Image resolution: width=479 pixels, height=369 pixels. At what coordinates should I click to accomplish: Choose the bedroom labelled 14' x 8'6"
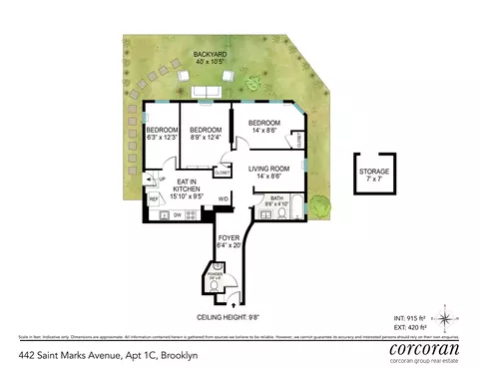point(264,126)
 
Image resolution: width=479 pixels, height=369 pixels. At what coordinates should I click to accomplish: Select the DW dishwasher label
point(178,215)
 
